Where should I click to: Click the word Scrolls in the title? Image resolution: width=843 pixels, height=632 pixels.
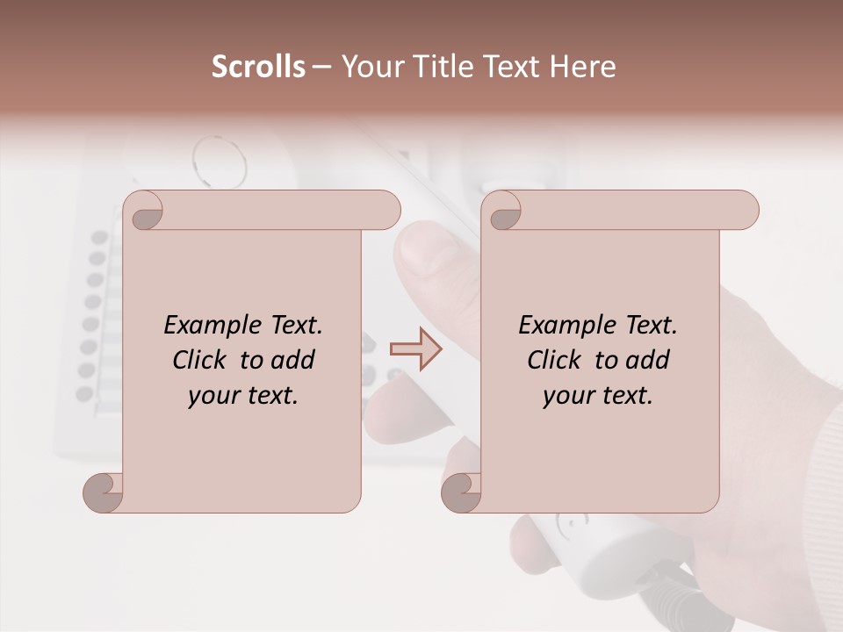258,67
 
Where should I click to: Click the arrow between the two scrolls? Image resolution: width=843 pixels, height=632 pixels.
415,349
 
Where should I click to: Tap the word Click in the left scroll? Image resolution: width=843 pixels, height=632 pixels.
202,360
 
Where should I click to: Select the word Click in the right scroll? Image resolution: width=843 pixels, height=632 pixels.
557,360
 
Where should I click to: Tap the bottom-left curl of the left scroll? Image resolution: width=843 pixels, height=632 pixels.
104,492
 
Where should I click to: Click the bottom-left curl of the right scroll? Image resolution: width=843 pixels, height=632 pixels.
462,492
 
